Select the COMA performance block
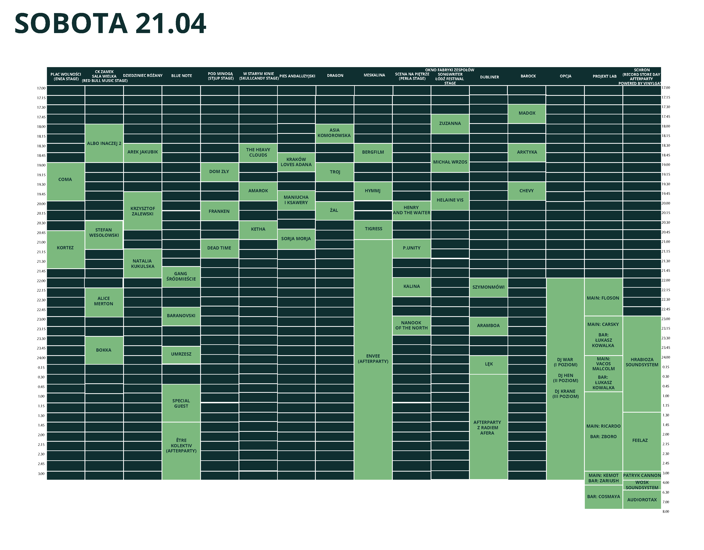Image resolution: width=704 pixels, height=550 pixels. click(66, 180)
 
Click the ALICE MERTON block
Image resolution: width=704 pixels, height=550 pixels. click(104, 302)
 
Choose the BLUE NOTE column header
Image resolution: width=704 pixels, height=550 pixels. click(182, 76)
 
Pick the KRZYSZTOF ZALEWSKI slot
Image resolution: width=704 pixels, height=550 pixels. click(143, 211)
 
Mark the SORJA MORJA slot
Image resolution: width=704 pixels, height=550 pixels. click(296, 239)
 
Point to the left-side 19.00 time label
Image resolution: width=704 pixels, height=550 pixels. click(41, 165)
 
